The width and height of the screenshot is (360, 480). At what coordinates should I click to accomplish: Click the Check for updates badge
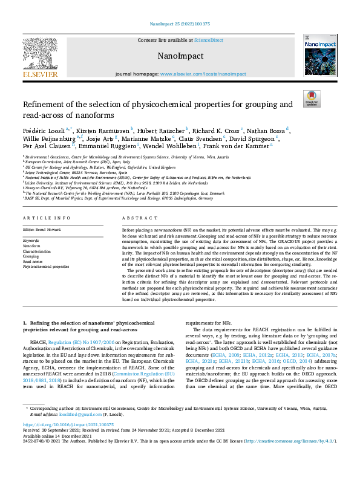pos(312,99)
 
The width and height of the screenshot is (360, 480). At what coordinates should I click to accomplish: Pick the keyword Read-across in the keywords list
pos(33,261)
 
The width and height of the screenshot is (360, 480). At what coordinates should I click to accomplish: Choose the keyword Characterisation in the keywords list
pos(38,251)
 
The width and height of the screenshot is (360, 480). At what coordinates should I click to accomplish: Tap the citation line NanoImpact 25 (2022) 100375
pos(180,25)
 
